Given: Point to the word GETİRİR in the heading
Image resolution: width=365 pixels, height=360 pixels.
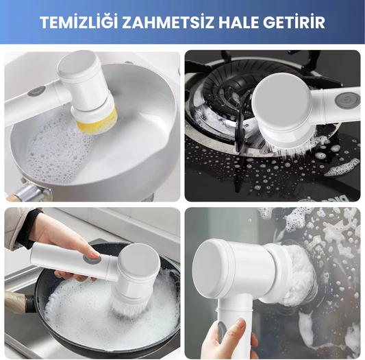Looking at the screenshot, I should [297, 23].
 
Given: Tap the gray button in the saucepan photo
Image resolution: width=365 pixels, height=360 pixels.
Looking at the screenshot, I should [38, 91].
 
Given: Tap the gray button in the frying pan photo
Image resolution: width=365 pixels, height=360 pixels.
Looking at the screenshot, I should [91, 259].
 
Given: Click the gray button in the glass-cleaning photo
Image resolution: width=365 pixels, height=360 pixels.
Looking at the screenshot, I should [222, 333].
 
